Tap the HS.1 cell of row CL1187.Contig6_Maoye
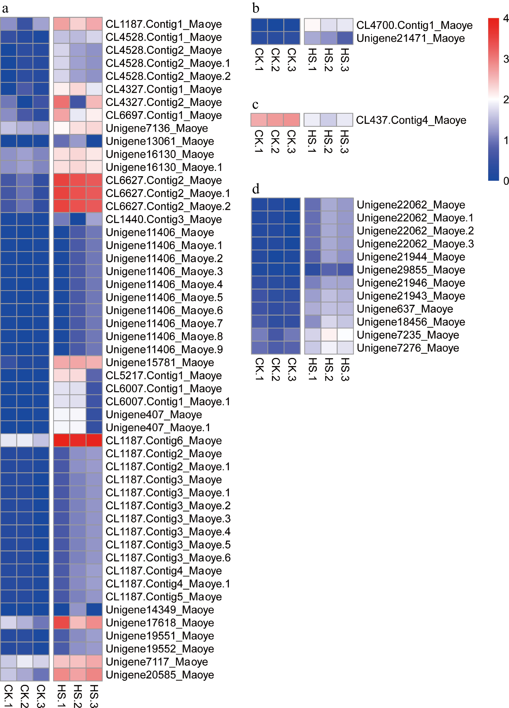pyautogui.click(x=61, y=440)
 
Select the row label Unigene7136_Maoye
pyautogui.click(x=157, y=128)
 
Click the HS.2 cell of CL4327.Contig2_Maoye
pyautogui.click(x=78, y=102)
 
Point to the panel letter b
pyautogui.click(x=256, y=8)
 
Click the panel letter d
pyautogui.click(x=256, y=189)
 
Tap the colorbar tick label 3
pyautogui.click(x=506, y=59)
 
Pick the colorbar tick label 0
pyautogui.click(x=506, y=181)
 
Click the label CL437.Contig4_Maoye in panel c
pyautogui.click(x=411, y=120)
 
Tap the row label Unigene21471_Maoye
pyautogui.click(x=410, y=38)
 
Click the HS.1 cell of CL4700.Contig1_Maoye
pyautogui.click(x=312, y=25)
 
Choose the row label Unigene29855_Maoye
pyautogui.click(x=411, y=270)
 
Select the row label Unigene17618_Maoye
pyautogui.click(x=160, y=623)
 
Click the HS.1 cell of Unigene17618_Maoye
pyautogui.click(x=61, y=623)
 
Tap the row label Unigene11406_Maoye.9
pyautogui.click(x=164, y=349)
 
